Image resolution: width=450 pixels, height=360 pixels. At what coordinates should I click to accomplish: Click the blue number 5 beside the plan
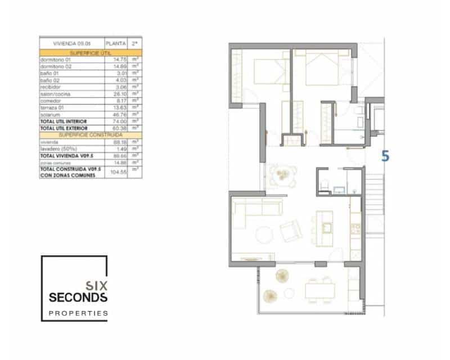(x=385, y=156)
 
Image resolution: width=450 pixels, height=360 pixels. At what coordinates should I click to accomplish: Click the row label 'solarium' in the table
(x=49, y=115)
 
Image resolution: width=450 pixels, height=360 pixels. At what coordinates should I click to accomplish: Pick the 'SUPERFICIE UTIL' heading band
(x=90, y=52)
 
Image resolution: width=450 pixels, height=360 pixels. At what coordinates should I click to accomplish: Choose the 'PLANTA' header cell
(x=115, y=43)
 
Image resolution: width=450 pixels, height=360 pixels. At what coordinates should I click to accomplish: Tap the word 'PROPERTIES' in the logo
(x=78, y=313)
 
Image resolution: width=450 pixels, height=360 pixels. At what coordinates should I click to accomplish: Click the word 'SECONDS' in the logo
(x=78, y=297)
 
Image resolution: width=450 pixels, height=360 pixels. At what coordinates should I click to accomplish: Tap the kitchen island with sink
(x=325, y=227)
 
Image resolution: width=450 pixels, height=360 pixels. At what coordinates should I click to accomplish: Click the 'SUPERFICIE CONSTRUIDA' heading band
(x=90, y=136)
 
